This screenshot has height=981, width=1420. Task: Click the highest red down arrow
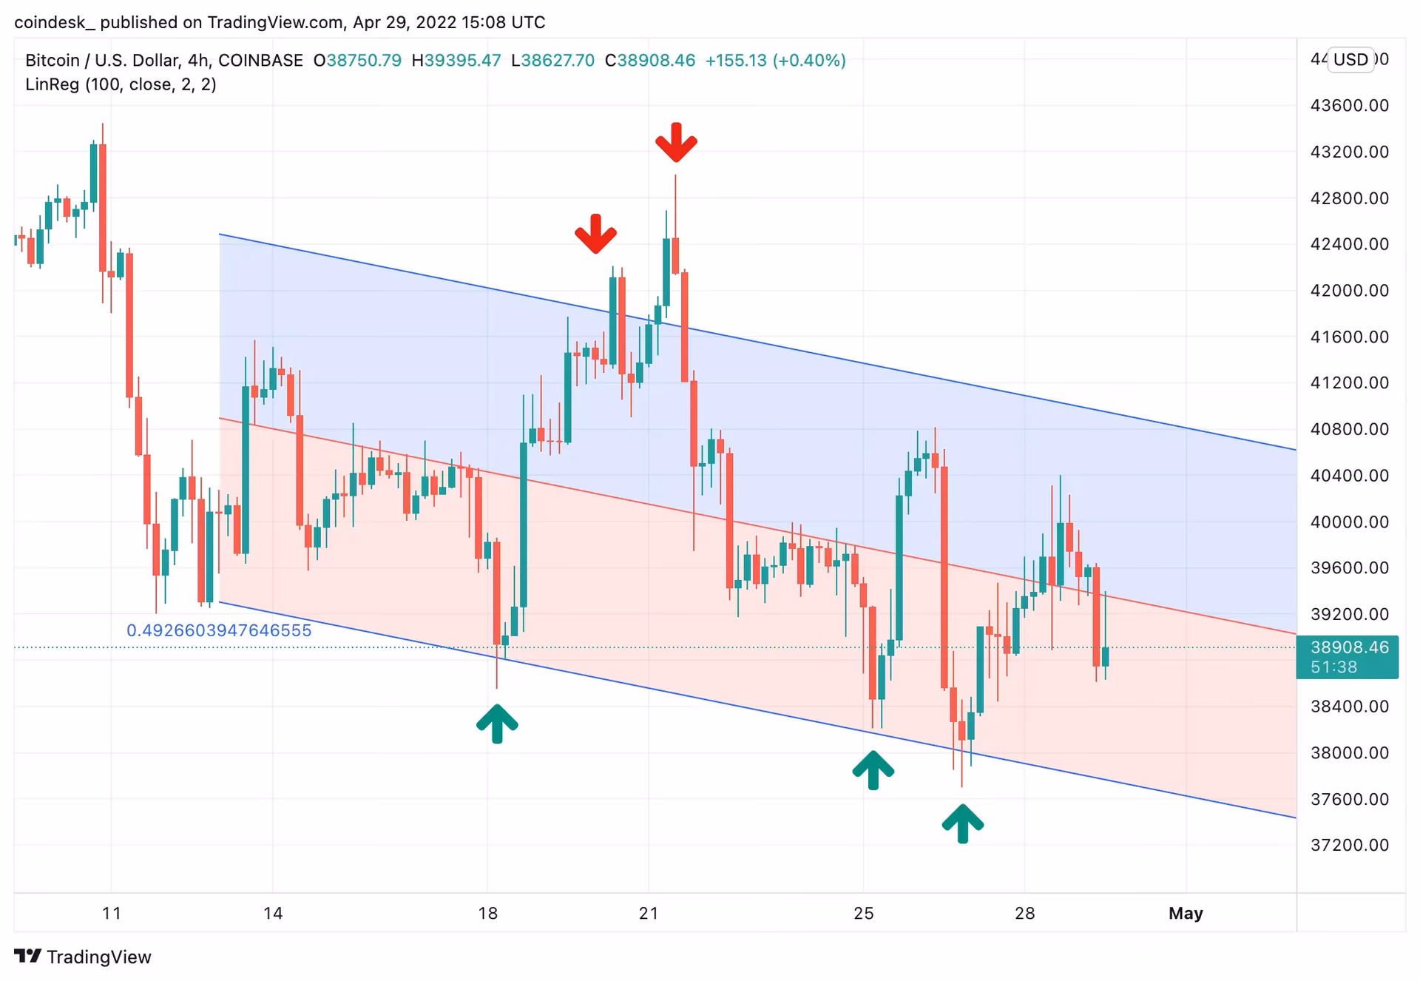point(676,143)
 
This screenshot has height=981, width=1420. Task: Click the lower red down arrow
point(595,235)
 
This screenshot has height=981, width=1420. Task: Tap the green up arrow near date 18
point(497,724)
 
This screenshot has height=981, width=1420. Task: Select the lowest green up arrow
point(962,823)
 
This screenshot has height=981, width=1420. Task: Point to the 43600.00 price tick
point(1349,106)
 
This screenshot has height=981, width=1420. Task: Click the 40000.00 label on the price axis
point(1349,522)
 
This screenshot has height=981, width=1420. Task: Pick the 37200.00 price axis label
point(1349,846)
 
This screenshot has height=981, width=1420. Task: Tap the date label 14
point(273,914)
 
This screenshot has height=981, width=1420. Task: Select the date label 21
point(649,914)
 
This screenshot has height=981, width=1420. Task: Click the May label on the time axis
point(1186,914)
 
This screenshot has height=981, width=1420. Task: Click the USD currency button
point(1350,60)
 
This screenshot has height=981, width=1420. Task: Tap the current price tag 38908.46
point(1349,648)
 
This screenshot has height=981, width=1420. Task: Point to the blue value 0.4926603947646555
point(219,631)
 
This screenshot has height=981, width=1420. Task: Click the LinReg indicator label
point(121,85)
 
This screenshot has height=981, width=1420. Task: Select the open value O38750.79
point(357,61)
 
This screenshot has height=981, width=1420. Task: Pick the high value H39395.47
point(456,61)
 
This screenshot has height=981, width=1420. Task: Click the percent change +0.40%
point(809,61)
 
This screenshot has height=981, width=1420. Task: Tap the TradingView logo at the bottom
point(83,957)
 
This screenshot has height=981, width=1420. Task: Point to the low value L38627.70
point(553,61)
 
